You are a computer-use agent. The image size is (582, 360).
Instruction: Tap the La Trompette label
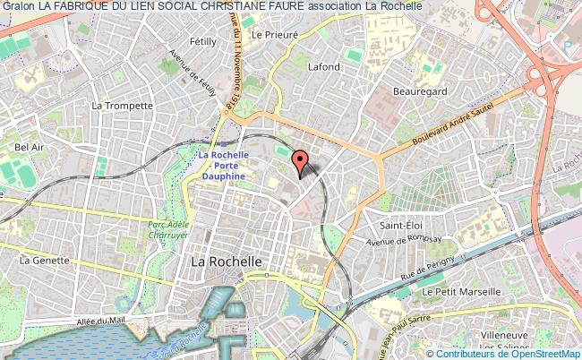click(124, 105)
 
